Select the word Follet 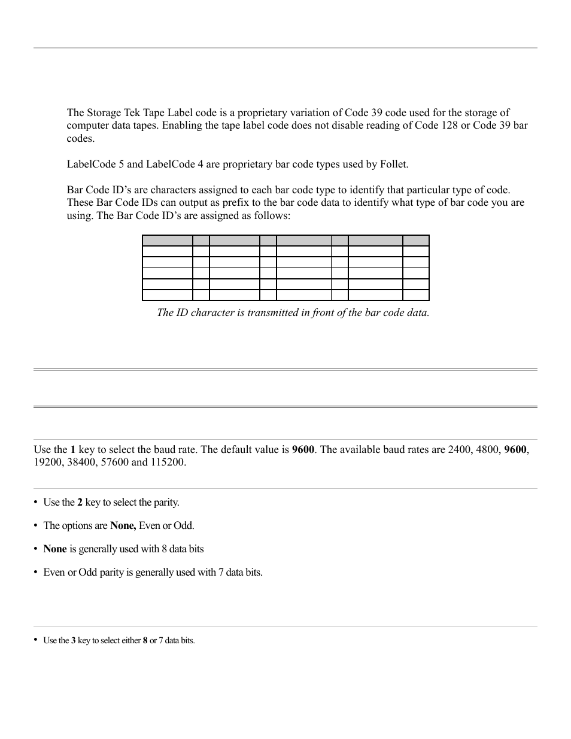point(394,164)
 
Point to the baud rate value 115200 point(170,463)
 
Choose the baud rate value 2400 point(459,450)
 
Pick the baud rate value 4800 point(487,450)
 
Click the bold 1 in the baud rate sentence point(73,450)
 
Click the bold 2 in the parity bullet point(80,503)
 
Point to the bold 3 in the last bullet point(73,640)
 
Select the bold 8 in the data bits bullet point(145,640)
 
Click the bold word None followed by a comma point(123,526)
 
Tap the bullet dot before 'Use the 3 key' point(36,640)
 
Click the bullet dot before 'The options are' point(36,526)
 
